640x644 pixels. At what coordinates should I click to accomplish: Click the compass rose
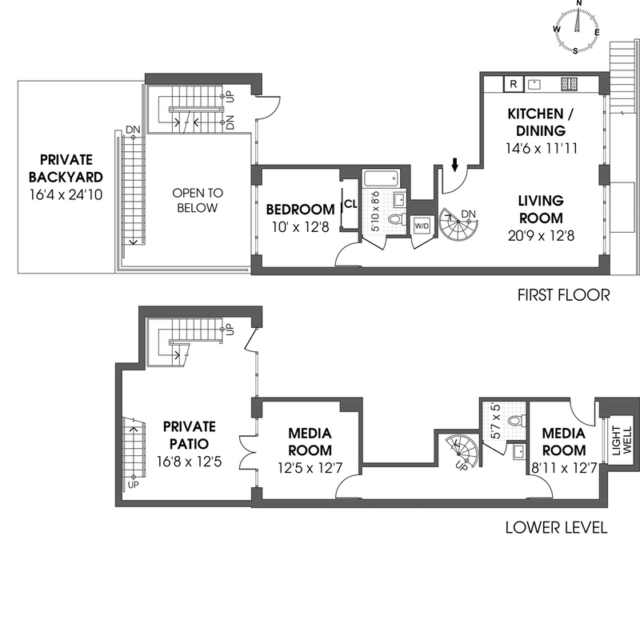pos(577,26)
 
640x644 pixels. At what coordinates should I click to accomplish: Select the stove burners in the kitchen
pos(569,82)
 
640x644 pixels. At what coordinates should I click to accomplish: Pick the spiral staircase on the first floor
pos(458,227)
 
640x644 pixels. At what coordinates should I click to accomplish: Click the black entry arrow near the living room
pos(455,165)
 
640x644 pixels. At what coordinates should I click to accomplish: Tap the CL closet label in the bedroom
pos(350,203)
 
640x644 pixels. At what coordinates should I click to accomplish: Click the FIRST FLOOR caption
pos(564,296)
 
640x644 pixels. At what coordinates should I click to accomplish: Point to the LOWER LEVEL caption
pos(557,528)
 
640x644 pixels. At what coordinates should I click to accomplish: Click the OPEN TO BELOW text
pos(198,200)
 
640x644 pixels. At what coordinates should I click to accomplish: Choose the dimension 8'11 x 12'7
pos(564,467)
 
